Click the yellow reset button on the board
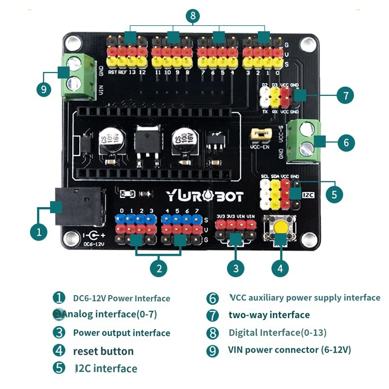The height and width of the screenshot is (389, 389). point(280,227)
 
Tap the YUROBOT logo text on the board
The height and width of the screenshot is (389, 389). point(205,196)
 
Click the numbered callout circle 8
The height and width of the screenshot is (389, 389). point(193,16)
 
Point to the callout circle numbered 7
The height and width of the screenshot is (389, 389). point(345,95)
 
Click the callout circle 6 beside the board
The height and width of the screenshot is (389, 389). point(346,143)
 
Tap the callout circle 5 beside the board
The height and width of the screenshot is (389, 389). point(334,194)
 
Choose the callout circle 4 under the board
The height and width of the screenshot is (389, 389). point(280,267)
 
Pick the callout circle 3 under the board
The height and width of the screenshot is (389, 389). point(236,267)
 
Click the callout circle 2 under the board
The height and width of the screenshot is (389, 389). point(159,267)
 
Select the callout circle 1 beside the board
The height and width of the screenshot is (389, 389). point(39,232)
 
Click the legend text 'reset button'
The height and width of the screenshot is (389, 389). point(103,351)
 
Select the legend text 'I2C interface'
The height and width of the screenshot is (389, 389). point(106,369)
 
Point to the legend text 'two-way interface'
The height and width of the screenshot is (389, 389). point(269,315)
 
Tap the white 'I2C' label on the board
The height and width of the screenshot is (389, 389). point(309,194)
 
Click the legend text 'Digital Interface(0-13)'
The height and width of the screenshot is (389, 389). point(277,333)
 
